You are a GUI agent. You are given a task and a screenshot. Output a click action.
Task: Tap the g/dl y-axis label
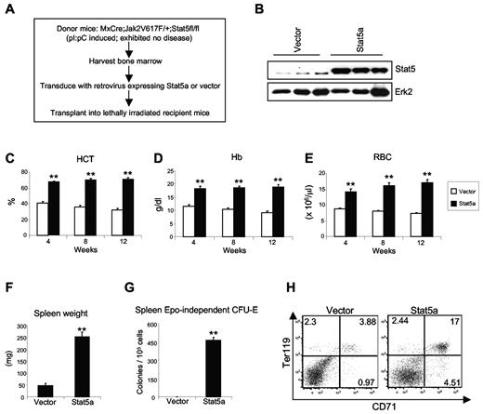pyautogui.click(x=165, y=198)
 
